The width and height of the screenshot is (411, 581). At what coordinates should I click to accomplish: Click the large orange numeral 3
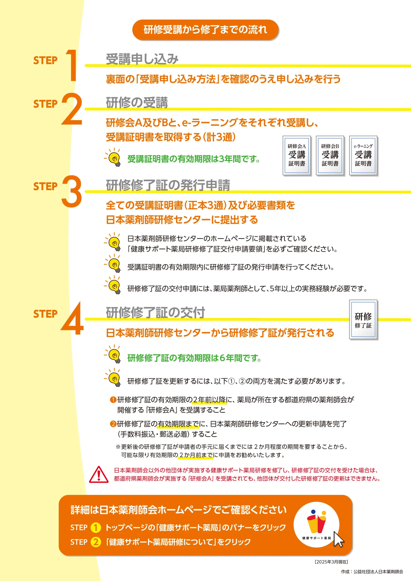tap(72, 191)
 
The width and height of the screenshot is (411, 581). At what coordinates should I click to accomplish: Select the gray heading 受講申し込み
tap(142, 59)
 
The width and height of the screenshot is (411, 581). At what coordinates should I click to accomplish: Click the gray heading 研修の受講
tap(137, 103)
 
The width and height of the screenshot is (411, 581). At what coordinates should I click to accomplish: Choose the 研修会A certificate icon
tap(297, 155)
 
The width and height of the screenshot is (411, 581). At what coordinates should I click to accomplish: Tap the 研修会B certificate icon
tap(330, 155)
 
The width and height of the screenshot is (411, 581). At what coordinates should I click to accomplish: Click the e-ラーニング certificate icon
tap(363, 155)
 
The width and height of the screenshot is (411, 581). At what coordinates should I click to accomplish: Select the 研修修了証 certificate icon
tap(363, 320)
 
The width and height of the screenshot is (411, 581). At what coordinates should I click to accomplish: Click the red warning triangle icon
tap(99, 475)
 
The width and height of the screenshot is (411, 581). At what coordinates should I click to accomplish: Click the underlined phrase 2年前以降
tap(209, 400)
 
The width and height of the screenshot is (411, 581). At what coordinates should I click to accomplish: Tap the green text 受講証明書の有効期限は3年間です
tap(193, 159)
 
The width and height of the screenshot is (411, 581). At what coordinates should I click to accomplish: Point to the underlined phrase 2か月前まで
tap(196, 455)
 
